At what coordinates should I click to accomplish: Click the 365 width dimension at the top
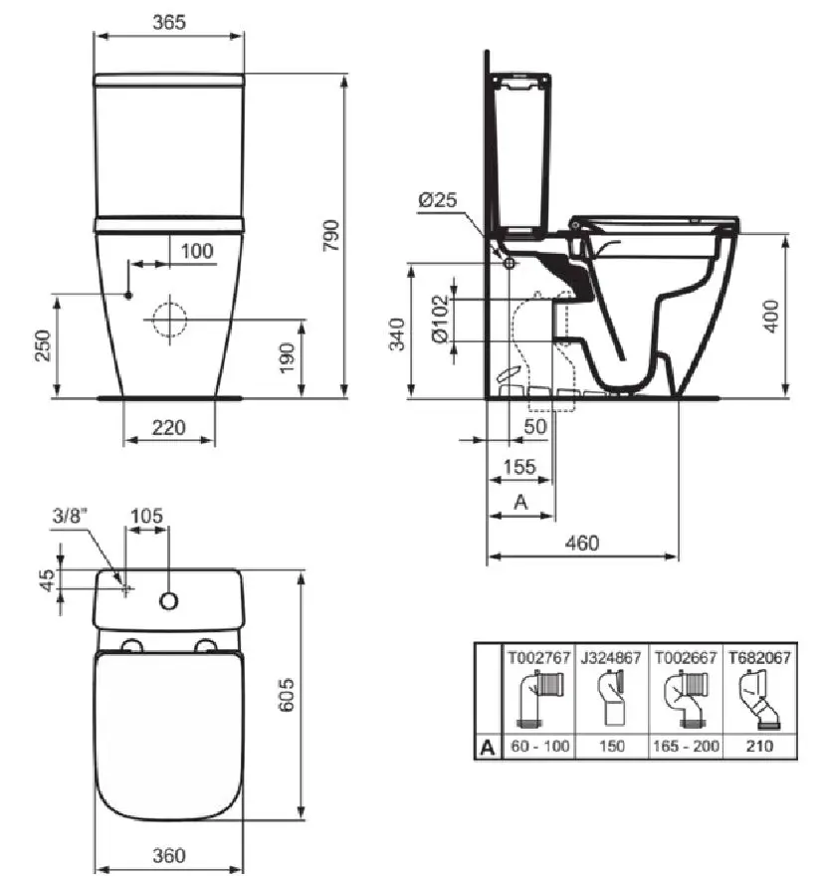(x=169, y=22)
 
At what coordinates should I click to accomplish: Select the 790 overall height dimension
(x=332, y=236)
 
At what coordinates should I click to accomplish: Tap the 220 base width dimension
(x=168, y=427)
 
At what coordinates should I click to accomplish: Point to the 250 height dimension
(x=44, y=345)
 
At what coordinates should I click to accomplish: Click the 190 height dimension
(x=287, y=357)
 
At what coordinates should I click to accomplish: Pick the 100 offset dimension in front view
(x=197, y=251)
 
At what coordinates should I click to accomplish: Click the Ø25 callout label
(x=438, y=199)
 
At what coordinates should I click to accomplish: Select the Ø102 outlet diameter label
(x=440, y=319)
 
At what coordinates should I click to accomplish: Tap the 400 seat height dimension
(x=771, y=316)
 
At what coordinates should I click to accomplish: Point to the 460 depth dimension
(x=582, y=543)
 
